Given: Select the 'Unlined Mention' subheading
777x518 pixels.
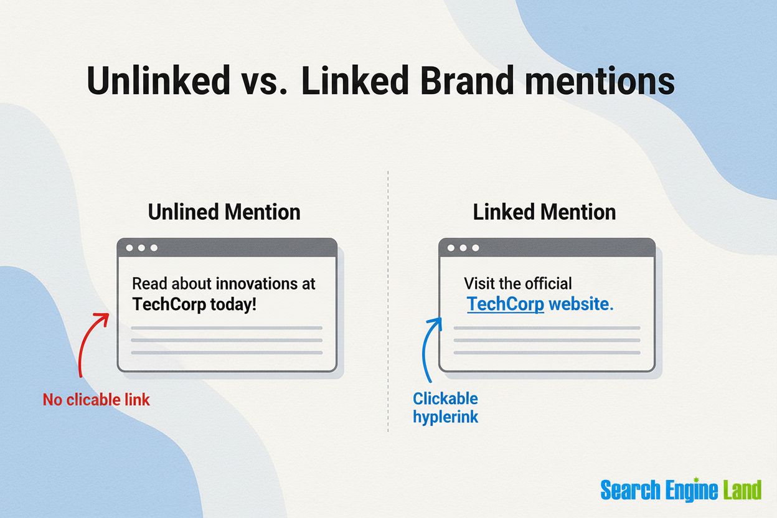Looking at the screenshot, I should (x=224, y=212).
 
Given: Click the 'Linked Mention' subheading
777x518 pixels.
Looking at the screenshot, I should (x=544, y=212).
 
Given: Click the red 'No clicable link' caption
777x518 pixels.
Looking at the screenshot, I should (x=97, y=400).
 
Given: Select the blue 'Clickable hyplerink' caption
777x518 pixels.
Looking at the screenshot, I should (x=446, y=407).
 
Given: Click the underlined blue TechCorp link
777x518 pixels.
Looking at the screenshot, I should (x=506, y=304).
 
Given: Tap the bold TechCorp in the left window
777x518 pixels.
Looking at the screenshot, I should (x=169, y=305).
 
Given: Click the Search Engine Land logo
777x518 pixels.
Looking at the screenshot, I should (x=680, y=490).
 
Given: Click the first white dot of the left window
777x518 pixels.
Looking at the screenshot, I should (x=129, y=248).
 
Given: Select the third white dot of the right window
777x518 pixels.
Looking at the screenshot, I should (x=476, y=248).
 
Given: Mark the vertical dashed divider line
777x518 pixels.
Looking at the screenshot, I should (x=388, y=299).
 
